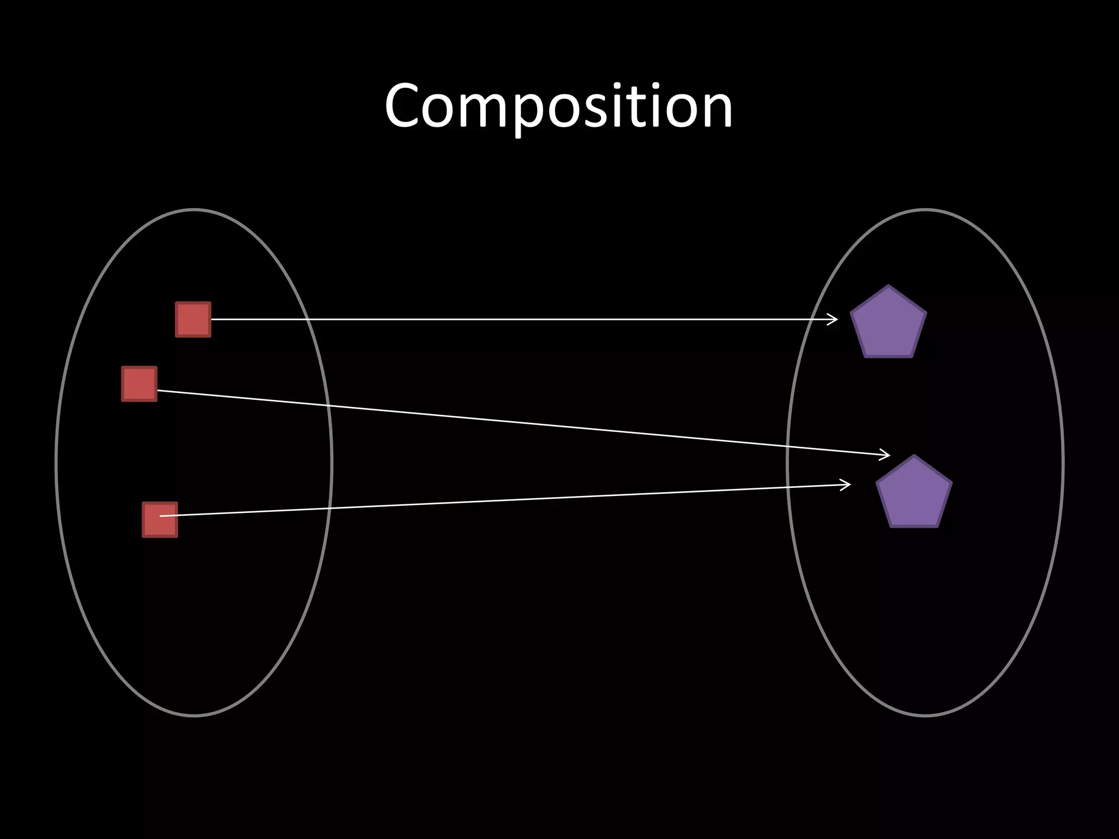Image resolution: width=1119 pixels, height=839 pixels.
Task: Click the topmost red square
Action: point(193,320)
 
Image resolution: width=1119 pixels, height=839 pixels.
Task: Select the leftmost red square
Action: point(139,384)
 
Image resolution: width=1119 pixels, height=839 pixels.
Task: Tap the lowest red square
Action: point(160,520)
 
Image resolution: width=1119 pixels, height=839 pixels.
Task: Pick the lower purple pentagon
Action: point(914,494)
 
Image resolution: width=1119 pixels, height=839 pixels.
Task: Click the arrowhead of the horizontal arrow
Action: point(834,320)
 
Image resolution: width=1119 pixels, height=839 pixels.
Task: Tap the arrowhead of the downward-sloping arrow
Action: point(885,454)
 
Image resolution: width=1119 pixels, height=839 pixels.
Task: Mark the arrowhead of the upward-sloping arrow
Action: point(846,485)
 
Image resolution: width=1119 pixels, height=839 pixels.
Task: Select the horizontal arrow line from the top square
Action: point(519,320)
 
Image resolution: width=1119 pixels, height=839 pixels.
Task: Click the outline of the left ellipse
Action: point(56,462)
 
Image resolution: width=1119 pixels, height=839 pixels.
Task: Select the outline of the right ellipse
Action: point(1062,462)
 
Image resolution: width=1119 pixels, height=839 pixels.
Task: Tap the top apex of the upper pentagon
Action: point(888,286)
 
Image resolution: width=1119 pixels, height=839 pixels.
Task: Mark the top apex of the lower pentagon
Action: point(914,456)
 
